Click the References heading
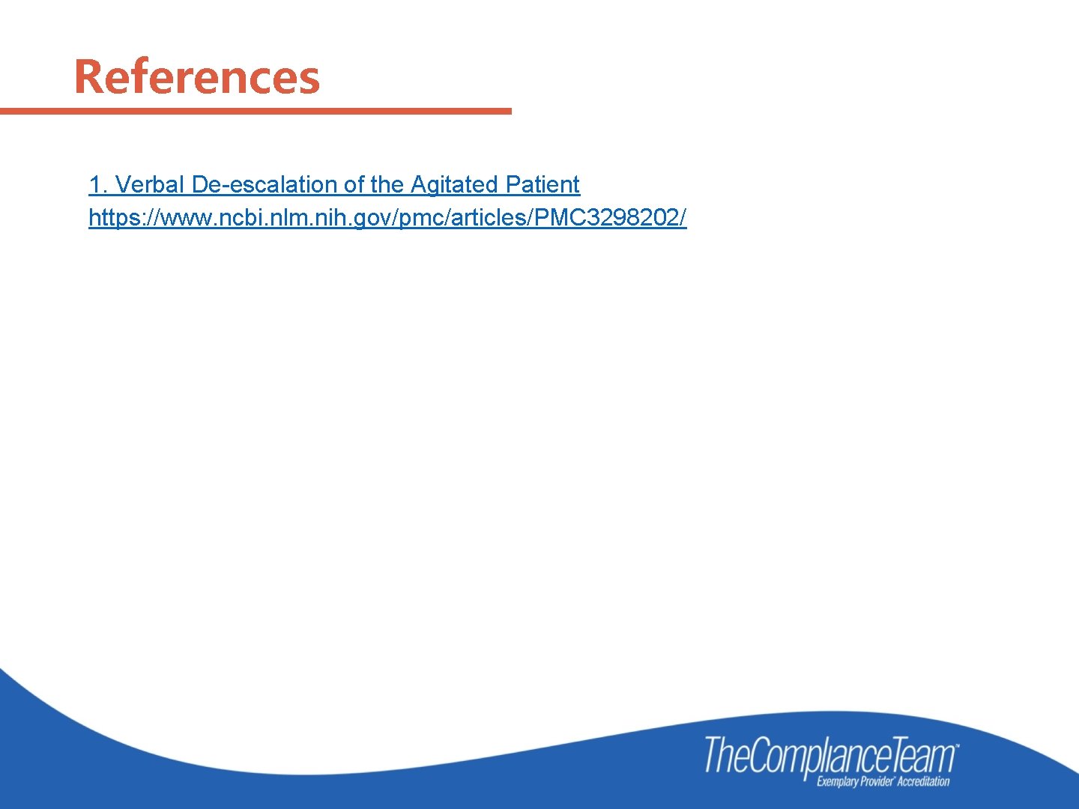(196, 77)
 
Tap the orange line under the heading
(255, 112)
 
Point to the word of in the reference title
(354, 184)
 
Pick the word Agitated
(454, 184)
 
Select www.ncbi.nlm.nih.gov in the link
(274, 218)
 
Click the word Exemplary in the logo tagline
(838, 782)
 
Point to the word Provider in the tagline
(877, 782)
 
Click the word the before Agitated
(387, 184)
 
